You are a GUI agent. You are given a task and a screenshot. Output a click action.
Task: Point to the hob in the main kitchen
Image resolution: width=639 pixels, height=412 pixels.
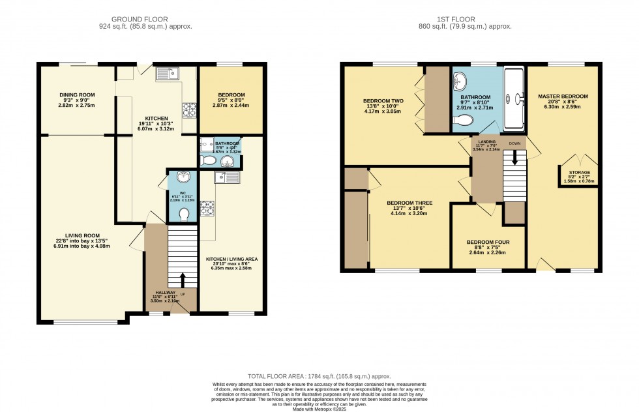[190, 110]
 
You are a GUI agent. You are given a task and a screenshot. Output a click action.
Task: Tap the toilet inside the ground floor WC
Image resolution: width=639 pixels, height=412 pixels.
[184, 214]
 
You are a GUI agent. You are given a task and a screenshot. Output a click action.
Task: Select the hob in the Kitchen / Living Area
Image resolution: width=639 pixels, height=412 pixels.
[208, 208]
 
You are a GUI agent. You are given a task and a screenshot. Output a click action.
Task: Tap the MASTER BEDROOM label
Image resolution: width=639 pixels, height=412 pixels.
[563, 96]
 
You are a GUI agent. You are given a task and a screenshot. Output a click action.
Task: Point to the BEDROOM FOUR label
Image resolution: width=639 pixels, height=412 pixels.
[488, 242]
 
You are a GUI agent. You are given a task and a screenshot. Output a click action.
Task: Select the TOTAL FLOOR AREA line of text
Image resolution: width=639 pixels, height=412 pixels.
[319, 377]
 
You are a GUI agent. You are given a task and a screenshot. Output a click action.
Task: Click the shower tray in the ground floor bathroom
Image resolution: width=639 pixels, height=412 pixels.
[205, 146]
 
